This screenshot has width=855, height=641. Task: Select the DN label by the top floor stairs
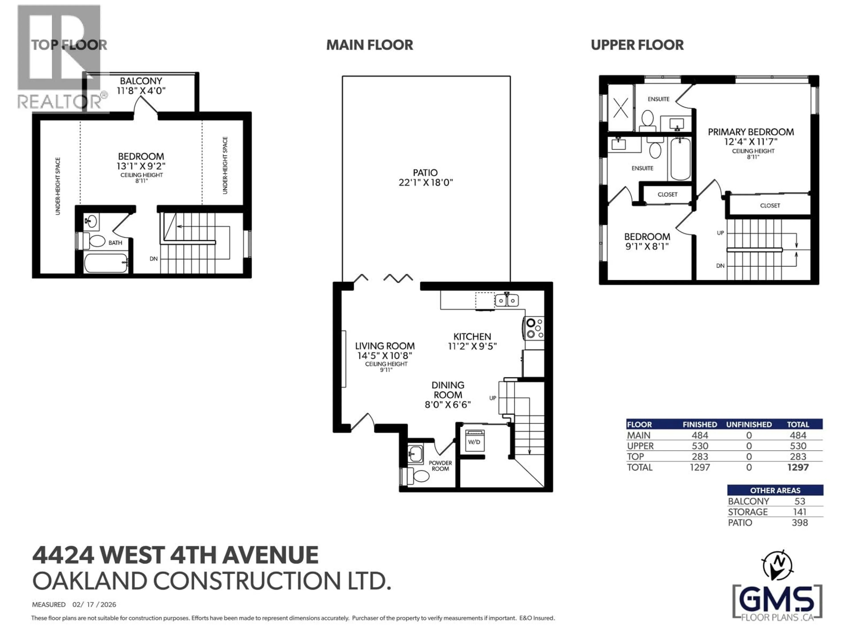[153, 258]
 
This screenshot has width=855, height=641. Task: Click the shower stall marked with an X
[621, 108]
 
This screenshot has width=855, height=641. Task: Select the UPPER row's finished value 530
[700, 446]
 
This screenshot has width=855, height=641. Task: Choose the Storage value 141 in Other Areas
[799, 512]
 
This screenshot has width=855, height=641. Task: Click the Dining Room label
[448, 390]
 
